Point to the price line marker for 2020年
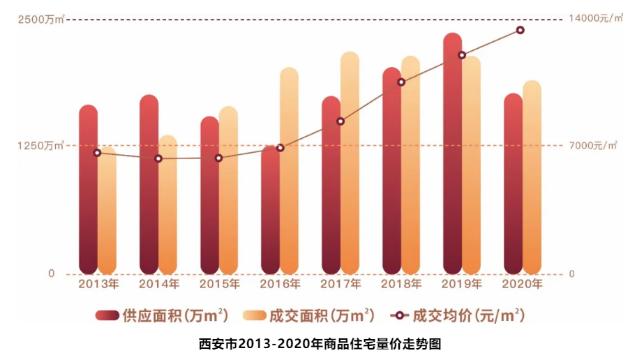coord(521,30)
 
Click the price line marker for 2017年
coord(340,121)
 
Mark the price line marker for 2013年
coord(97,153)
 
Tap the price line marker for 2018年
coord(401,82)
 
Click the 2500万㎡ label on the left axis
coord(41,19)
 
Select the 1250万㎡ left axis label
coord(41,146)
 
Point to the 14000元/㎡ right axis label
coord(595,19)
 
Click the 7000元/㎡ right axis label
coord(593,146)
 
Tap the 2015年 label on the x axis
coord(219,284)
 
